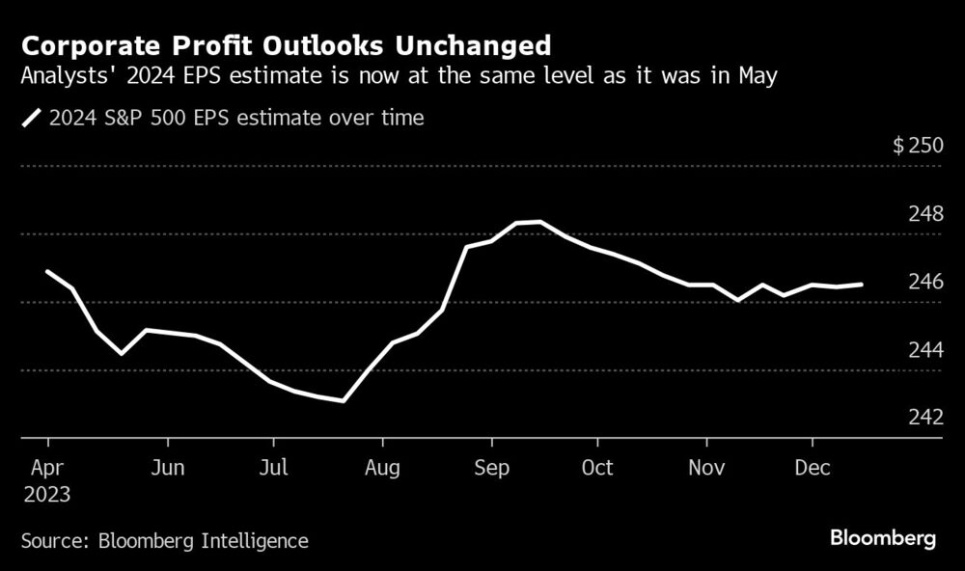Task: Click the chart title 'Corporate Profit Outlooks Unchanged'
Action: [x=287, y=46]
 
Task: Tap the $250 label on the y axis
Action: [x=916, y=147]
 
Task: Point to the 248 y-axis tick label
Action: [x=924, y=214]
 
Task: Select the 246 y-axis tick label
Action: [x=924, y=283]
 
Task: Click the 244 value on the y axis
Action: [x=924, y=350]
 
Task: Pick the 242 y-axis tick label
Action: [x=924, y=418]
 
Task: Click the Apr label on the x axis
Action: [x=48, y=468]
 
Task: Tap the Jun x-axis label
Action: [x=168, y=468]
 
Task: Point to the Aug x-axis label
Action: [x=383, y=468]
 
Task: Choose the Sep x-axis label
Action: [x=491, y=468]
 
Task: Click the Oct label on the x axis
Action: [x=597, y=468]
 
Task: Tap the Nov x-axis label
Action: [x=706, y=468]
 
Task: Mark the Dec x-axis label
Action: [x=813, y=468]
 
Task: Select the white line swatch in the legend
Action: [x=33, y=119]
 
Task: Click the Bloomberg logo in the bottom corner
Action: [x=883, y=538]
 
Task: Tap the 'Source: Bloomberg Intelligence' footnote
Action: [x=165, y=541]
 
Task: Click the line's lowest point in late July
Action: [x=344, y=400]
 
